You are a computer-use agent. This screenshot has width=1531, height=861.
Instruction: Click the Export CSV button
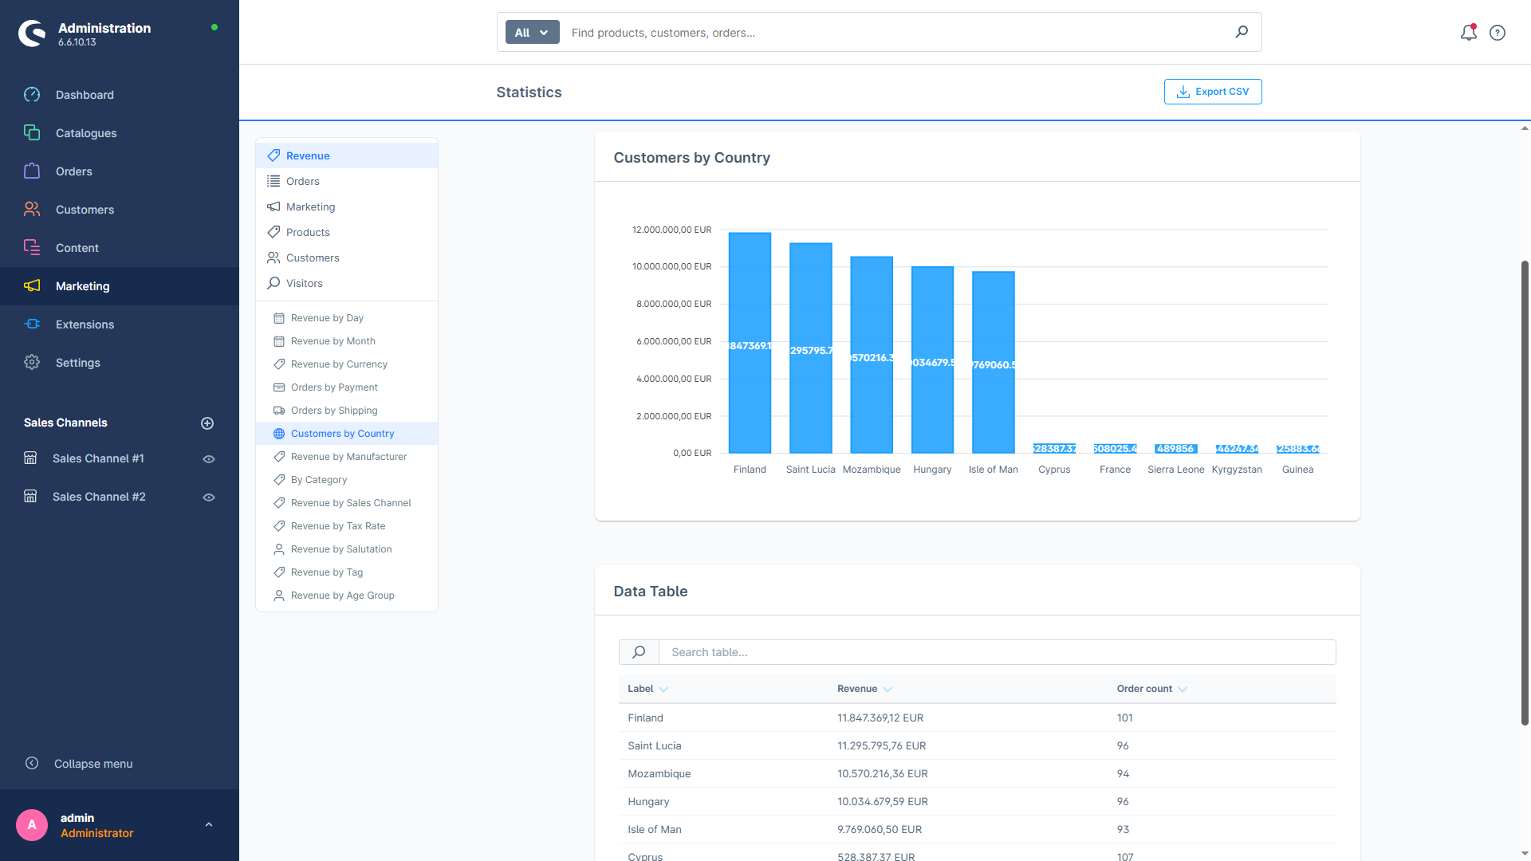coord(1212,92)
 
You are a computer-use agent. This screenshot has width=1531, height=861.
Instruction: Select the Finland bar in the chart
coord(750,343)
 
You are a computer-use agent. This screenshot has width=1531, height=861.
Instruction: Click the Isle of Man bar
coord(993,363)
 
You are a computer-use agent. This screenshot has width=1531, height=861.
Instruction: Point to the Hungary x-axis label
coord(932,470)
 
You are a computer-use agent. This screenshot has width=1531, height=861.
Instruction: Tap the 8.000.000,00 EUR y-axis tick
coord(673,304)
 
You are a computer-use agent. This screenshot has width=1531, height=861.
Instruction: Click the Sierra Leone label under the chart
coord(1175,470)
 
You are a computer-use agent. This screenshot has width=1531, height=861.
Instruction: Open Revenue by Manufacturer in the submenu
coord(348,457)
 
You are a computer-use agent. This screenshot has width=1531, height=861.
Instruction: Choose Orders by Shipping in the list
coord(334,411)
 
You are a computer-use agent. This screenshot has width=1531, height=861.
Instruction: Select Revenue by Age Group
coord(342,596)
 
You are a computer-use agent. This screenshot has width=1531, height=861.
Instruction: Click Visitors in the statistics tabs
coord(304,283)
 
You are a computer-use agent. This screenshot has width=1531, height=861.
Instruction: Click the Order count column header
coord(1144,689)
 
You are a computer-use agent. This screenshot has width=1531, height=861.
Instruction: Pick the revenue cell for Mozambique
coord(882,773)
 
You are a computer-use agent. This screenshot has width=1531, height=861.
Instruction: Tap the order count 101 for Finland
coord(1124,717)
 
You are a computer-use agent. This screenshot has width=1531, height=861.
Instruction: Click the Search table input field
coord(997,652)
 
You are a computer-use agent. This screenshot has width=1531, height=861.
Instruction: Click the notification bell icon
coord(1468,33)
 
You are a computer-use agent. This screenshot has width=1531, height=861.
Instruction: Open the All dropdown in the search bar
coord(532,33)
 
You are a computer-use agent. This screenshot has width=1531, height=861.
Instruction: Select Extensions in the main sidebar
coord(85,324)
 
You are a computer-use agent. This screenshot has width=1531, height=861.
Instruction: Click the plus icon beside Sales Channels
coord(207,423)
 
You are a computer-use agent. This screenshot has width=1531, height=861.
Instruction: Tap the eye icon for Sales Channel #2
coord(209,497)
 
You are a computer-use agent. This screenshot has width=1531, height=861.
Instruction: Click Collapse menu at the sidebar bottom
coord(92,764)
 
